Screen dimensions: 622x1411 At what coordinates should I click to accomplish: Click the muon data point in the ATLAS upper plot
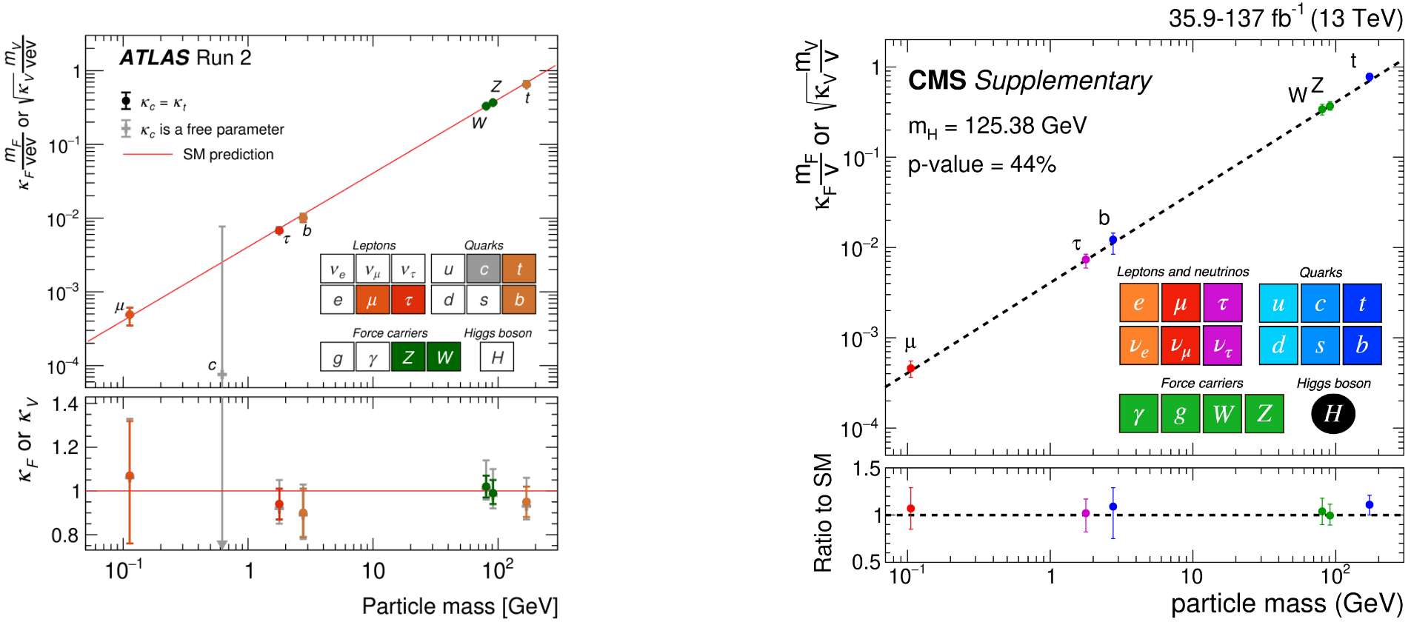pos(130,315)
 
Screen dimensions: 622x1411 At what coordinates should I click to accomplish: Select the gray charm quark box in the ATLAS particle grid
pos(484,269)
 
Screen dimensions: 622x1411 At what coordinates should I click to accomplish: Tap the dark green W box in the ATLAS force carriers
pos(444,357)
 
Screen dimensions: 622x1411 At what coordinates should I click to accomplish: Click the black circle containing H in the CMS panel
pos(1332,413)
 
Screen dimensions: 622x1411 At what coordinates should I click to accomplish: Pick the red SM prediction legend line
pos(147,154)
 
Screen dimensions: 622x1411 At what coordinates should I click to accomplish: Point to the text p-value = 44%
pos(981,164)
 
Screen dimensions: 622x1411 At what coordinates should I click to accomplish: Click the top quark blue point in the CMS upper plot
pos(1369,77)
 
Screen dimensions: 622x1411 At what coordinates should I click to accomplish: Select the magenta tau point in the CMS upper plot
pos(1085,260)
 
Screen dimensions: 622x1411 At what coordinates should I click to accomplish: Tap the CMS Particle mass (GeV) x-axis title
pos(1287,604)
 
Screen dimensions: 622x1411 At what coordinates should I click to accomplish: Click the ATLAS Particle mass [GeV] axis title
pos(459,606)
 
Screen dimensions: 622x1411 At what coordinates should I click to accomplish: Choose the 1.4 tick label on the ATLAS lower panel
pos(65,404)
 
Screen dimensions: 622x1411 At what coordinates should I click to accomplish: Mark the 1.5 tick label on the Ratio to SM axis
pos(867,469)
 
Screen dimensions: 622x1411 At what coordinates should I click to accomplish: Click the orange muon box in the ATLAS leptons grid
pos(372,300)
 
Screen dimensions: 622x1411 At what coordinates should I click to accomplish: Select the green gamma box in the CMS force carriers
pos(1138,413)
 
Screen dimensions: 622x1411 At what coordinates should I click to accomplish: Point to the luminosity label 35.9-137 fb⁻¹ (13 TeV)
pos(1285,18)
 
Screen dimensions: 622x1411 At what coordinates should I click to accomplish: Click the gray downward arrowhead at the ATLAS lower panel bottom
pos(221,545)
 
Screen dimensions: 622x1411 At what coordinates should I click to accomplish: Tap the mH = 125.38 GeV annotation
pos(997,126)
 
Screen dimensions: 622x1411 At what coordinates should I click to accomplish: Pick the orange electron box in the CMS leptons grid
pos(1138,303)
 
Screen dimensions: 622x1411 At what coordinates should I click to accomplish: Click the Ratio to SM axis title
pos(823,512)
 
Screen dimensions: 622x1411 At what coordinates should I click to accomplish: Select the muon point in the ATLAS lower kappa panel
pos(130,476)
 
